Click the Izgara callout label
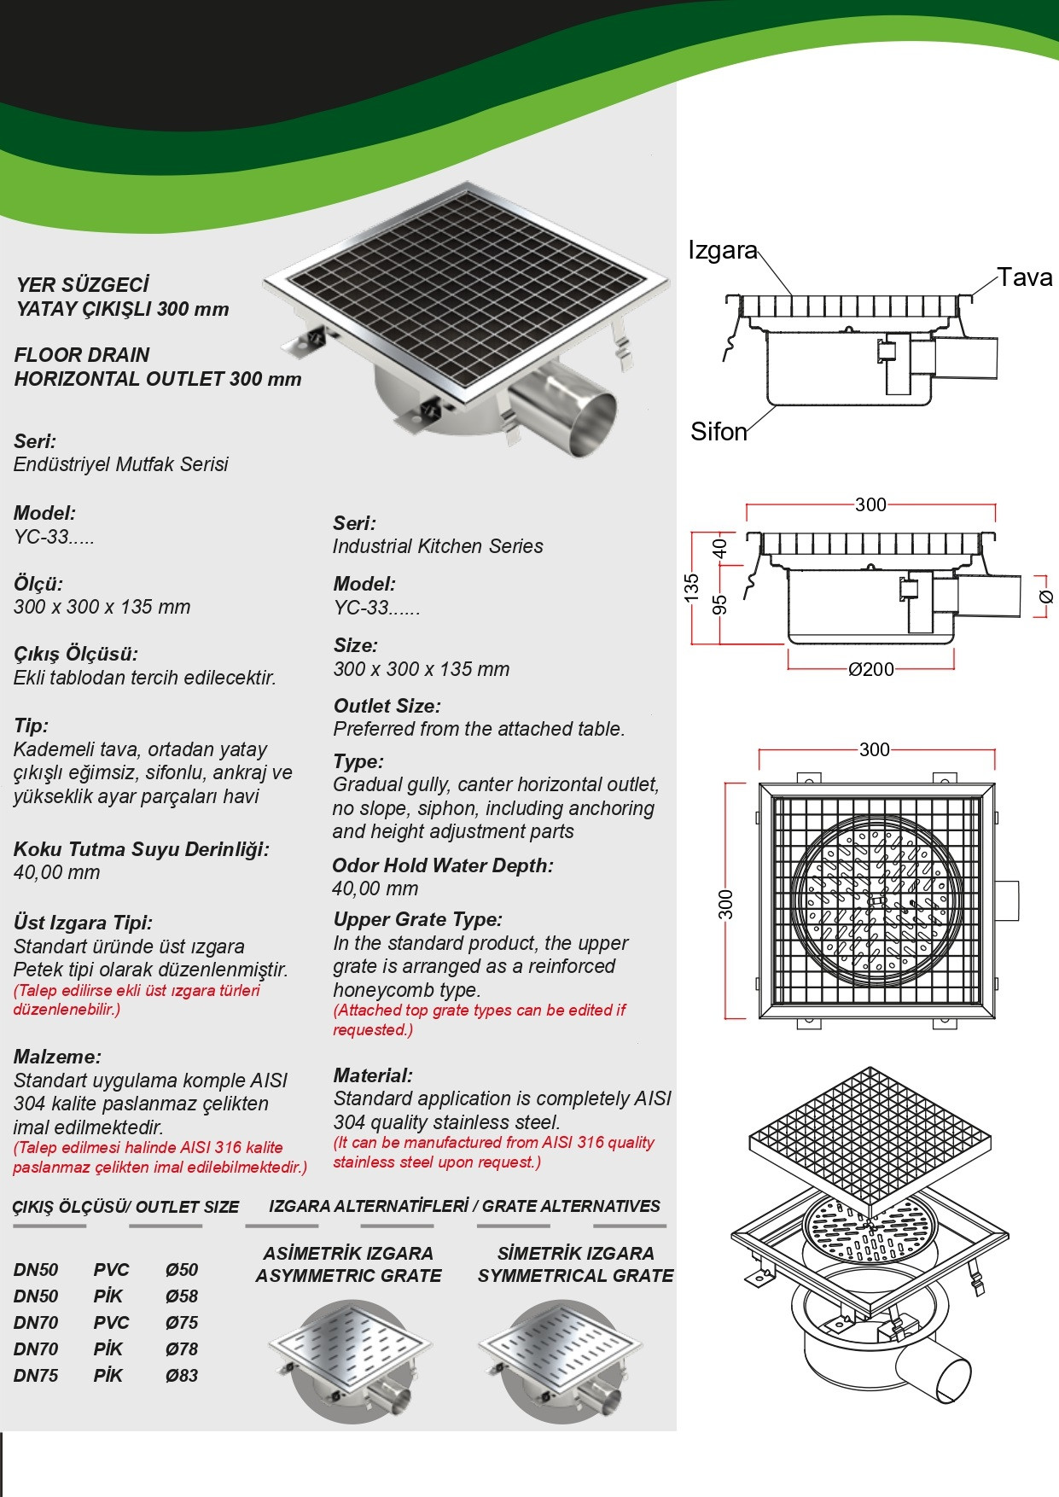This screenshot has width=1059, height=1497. [x=722, y=250]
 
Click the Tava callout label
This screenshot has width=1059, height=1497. [x=1025, y=277]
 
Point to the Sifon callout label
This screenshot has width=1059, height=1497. [x=719, y=432]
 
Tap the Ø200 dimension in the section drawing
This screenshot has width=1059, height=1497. [x=870, y=670]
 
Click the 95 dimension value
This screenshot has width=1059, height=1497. [x=720, y=604]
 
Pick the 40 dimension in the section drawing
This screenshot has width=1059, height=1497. [x=720, y=547]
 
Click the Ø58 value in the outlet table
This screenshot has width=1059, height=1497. [x=182, y=1296]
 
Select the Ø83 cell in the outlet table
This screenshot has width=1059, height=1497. [x=182, y=1376]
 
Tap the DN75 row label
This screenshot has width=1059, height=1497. [x=36, y=1376]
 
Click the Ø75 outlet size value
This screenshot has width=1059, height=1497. [x=182, y=1323]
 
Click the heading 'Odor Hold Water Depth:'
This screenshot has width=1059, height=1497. [x=442, y=865]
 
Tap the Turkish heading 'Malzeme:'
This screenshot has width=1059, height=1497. [x=57, y=1057]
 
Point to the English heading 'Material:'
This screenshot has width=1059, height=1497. [x=373, y=1075]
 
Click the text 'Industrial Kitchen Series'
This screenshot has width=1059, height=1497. [x=438, y=546]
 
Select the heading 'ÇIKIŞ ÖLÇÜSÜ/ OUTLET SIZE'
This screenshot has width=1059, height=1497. [x=125, y=1207]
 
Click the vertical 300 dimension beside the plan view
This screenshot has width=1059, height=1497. [x=725, y=904]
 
